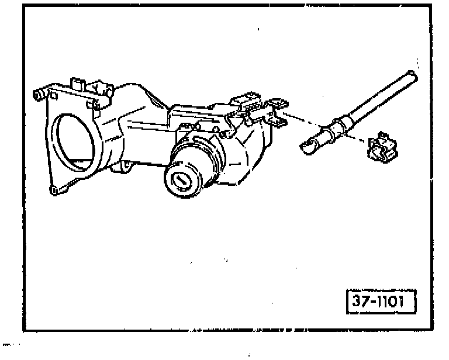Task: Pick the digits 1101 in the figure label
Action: [x=394, y=302]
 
